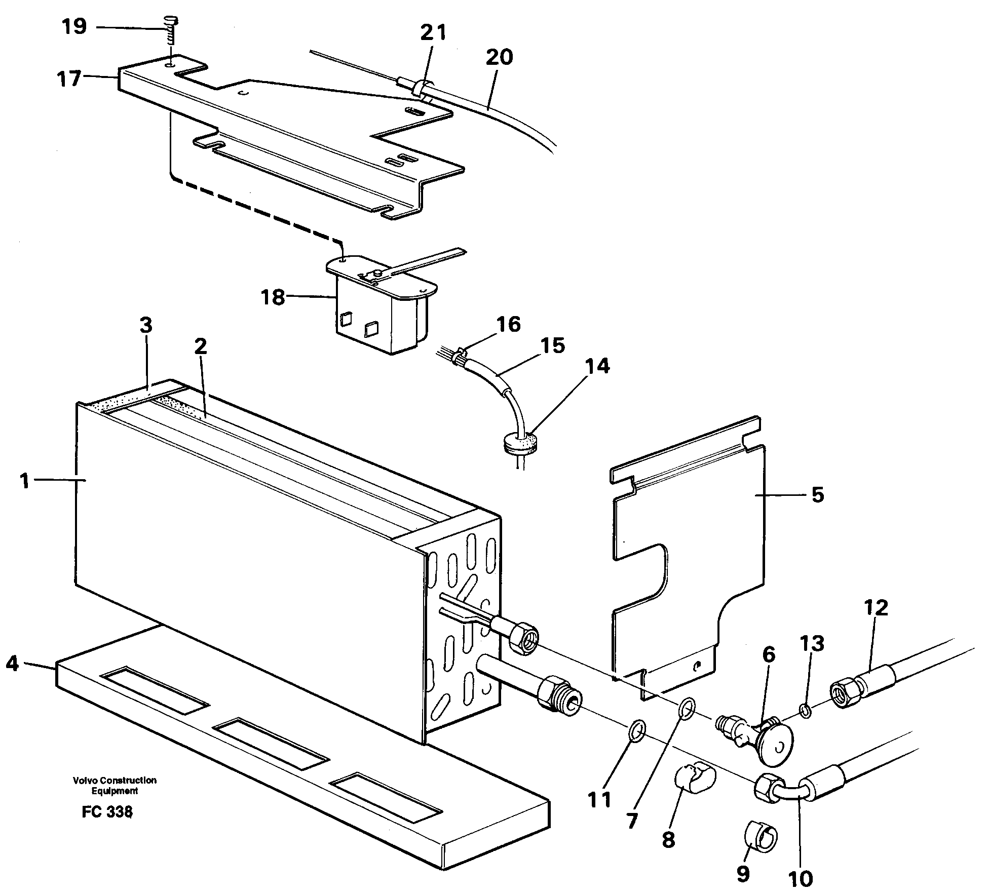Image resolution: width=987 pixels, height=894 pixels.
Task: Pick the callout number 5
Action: point(818,495)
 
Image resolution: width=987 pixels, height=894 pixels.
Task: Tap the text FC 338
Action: point(107,812)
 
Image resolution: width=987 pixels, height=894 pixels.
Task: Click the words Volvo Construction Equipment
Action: point(115,786)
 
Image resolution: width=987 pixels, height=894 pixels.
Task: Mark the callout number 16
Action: point(509,324)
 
